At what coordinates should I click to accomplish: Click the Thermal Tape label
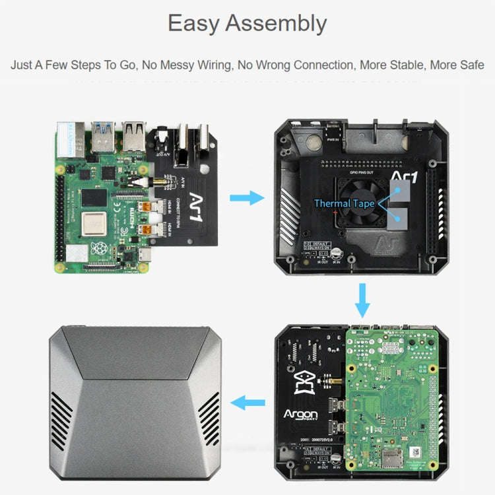[344, 203]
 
